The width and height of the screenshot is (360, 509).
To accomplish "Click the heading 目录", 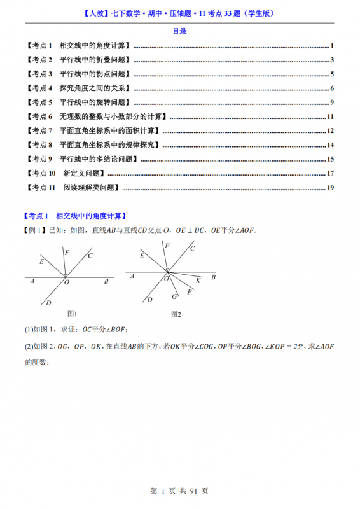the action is pyautogui.click(x=179, y=31).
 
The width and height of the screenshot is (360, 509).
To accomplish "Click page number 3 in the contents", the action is pyautogui.click(x=333, y=60).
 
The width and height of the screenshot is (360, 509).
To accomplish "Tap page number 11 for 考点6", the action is pyautogui.click(x=330, y=116).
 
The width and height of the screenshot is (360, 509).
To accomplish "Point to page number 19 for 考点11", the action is pyautogui.click(x=330, y=187).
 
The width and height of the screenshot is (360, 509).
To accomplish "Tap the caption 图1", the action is pyautogui.click(x=72, y=314).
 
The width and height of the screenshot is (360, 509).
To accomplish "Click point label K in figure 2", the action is pyautogui.click(x=198, y=280).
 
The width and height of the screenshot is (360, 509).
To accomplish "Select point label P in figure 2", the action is pyautogui.click(x=190, y=292).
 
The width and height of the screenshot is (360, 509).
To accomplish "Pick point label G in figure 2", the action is pyautogui.click(x=174, y=296).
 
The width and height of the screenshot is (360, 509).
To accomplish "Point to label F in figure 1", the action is pyautogui.click(x=67, y=253).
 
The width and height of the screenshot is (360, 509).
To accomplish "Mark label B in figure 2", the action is pyautogui.click(x=213, y=277).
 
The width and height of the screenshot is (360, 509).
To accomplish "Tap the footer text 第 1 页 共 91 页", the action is pyautogui.click(x=179, y=491).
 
